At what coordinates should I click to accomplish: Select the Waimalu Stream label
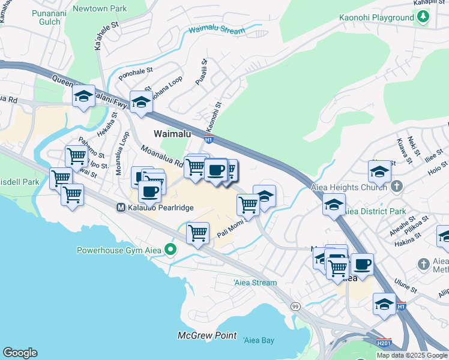[x=217, y=31]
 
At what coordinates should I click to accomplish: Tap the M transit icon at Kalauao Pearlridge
[x=120, y=207]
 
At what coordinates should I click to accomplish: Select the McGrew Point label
[x=207, y=335]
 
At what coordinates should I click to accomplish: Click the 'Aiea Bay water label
[x=259, y=340]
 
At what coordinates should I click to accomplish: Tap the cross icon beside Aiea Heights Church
[x=396, y=187]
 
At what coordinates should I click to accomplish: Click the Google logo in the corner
[x=20, y=353]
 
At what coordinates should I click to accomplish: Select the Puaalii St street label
[x=203, y=71]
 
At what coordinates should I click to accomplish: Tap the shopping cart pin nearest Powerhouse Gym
[x=197, y=232]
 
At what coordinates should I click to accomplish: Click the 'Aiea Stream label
[x=255, y=283]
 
